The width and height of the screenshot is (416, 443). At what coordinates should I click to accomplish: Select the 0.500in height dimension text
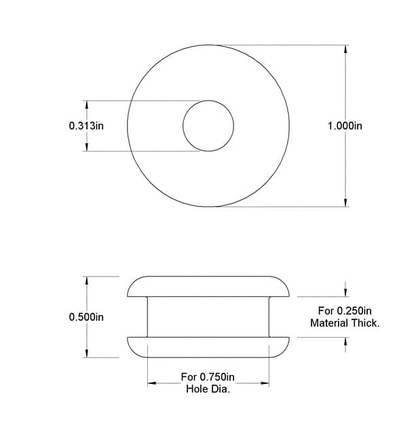coord(86,317)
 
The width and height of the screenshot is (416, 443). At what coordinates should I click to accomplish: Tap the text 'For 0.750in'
coord(208,377)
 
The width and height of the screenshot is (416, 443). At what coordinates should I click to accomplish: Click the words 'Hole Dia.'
coord(208,389)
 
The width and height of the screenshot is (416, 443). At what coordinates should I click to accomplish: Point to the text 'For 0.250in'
coord(345,311)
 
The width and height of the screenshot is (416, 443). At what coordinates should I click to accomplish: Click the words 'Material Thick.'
coord(345,323)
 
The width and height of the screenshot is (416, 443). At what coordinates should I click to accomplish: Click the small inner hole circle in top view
coord(208,126)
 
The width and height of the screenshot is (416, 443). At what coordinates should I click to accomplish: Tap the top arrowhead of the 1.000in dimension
coord(346,50)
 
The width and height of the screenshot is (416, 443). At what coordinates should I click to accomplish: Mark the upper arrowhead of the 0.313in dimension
coord(86,105)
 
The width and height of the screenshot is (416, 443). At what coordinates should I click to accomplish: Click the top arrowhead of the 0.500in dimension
coord(86,280)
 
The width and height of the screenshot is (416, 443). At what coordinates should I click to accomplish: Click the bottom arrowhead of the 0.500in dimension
coord(86,353)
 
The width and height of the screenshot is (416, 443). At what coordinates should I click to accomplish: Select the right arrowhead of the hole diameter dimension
coord(265,383)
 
